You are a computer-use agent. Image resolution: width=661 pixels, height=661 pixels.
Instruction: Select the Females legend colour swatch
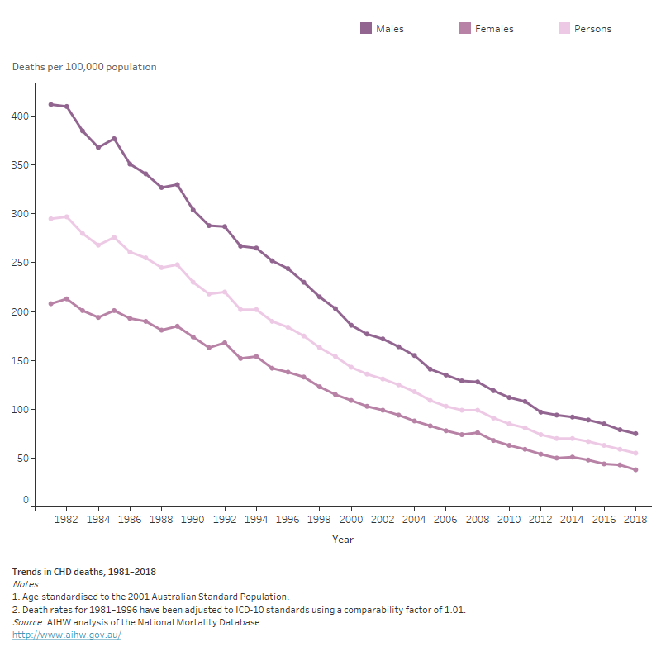465,29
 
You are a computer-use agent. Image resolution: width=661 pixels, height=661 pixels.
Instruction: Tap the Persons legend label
592,29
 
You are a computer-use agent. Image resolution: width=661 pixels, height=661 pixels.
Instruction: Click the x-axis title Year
343,540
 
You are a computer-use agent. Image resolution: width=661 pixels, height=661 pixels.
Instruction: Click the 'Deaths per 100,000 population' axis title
84,67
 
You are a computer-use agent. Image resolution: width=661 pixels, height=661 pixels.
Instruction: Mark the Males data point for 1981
50,104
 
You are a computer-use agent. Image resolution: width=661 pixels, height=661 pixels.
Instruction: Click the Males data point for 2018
635,434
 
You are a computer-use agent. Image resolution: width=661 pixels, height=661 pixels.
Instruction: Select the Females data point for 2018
635,470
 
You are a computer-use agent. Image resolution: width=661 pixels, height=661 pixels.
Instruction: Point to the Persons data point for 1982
66,217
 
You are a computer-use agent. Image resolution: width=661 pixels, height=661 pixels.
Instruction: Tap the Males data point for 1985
114,139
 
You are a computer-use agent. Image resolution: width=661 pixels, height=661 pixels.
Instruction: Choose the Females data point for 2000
351,401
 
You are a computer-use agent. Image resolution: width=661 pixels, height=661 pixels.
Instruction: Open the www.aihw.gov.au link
66,635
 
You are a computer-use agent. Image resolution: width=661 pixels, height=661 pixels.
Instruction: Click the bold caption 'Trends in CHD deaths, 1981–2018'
84,572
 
